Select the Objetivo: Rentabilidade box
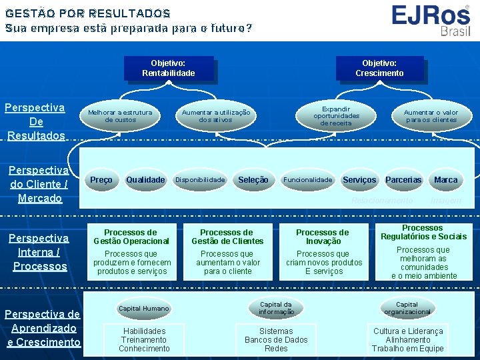(169, 68)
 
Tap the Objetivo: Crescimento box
(379, 68)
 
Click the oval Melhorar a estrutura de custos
(120, 116)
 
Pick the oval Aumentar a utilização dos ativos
(216, 116)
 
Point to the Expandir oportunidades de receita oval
(336, 115)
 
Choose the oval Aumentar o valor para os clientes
(431, 116)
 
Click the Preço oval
(101, 180)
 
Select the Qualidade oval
(145, 180)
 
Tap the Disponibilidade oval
(200, 180)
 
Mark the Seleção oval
(253, 180)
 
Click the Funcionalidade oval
(308, 180)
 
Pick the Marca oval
(445, 180)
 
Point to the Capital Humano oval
(144, 309)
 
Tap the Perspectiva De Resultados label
(36, 121)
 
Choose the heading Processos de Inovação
(323, 237)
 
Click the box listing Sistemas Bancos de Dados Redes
(276, 339)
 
